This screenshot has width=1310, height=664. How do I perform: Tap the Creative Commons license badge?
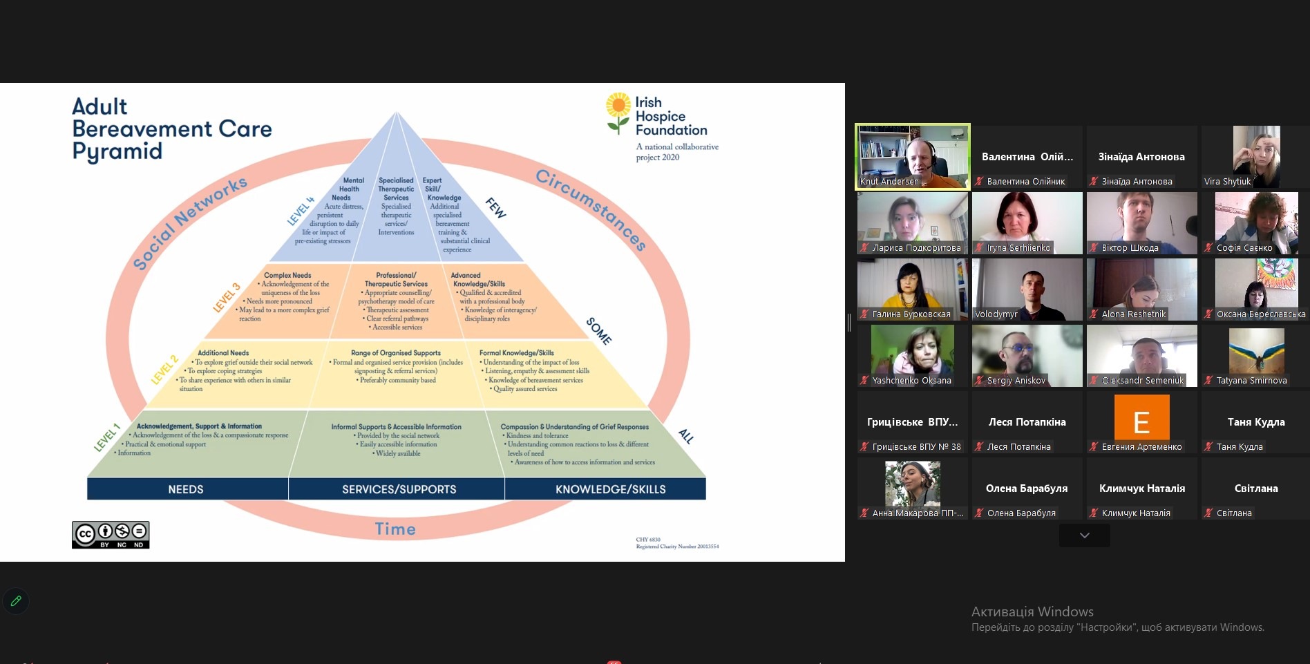pos(111,535)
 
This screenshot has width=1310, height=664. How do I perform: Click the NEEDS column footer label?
pos(186,489)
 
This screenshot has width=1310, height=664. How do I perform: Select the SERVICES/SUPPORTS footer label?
pos(399,489)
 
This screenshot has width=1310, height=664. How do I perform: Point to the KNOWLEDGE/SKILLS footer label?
pos(610,489)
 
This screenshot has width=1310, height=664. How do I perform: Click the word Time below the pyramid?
pos(395,529)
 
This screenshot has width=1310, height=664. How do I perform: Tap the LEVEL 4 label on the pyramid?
pos(301,211)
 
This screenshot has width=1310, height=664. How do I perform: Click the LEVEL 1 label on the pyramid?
pos(107,437)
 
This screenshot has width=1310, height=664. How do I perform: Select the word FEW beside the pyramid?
pos(496,207)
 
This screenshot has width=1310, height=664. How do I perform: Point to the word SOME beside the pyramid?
pos(598,331)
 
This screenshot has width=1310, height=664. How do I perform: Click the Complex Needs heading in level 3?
pos(287,275)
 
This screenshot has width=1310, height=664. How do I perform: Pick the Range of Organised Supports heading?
pos(395,353)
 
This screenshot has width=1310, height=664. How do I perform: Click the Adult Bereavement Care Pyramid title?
pos(171,129)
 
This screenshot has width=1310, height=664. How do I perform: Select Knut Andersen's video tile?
pos(912,155)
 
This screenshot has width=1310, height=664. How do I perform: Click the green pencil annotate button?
pos(16,601)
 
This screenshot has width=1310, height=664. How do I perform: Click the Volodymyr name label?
pos(996,314)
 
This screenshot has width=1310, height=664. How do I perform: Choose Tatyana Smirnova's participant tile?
pos(1255,356)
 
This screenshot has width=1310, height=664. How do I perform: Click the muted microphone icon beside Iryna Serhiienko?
pos(979,248)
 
